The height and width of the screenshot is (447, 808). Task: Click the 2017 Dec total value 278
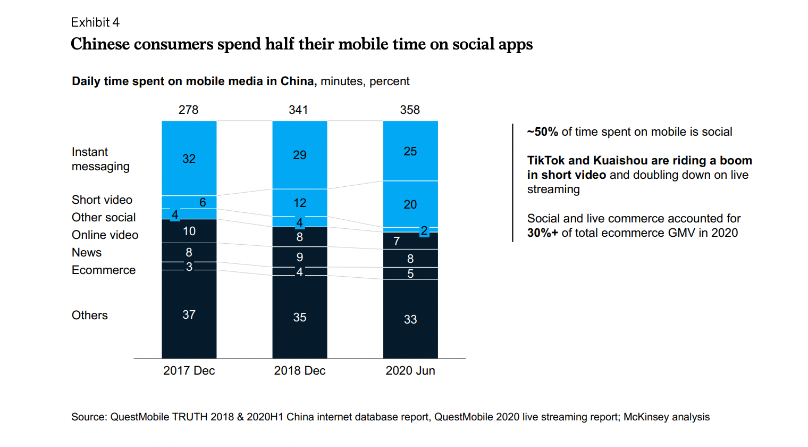(x=188, y=110)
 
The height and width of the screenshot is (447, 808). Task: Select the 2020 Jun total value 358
(x=410, y=110)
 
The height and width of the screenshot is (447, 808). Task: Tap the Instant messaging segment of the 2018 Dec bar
(x=300, y=155)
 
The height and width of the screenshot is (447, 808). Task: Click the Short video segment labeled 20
(x=410, y=204)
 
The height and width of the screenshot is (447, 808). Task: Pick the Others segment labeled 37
(x=189, y=314)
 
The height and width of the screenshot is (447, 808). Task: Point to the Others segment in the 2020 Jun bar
(x=410, y=319)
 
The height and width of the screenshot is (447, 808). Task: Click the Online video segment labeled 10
(x=189, y=231)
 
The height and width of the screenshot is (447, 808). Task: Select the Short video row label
(x=102, y=200)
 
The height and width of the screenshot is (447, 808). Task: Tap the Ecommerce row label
(x=104, y=270)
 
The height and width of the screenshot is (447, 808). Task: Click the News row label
(x=87, y=252)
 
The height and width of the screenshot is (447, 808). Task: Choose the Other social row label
(x=104, y=217)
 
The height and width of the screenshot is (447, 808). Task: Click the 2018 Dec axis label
(x=300, y=370)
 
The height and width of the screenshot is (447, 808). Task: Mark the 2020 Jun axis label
(x=410, y=370)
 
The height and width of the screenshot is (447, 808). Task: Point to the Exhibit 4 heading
(x=95, y=22)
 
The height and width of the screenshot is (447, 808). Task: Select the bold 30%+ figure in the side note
(x=543, y=233)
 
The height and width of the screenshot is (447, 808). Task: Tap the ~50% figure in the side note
(x=543, y=131)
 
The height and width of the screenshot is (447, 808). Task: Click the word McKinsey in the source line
(x=645, y=417)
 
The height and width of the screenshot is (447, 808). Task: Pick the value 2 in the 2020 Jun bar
(x=424, y=230)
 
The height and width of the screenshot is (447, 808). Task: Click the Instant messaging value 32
(x=189, y=159)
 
